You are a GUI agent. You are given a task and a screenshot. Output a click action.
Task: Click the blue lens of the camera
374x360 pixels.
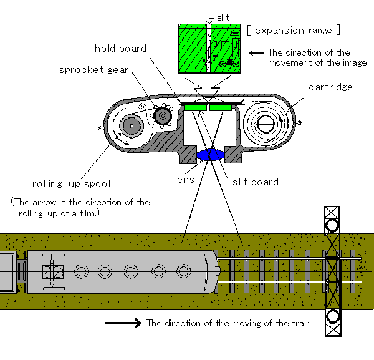211,155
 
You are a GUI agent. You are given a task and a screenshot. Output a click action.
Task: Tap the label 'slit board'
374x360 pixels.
256,182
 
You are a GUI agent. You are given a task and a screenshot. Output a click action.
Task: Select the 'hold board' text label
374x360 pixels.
120,49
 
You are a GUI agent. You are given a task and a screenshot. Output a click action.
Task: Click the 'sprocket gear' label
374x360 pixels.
93,70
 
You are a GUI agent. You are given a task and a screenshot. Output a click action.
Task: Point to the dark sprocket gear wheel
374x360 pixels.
163,116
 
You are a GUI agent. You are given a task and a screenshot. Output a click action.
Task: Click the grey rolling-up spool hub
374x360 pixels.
132,126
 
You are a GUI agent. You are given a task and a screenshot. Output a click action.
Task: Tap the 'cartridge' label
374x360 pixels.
330,87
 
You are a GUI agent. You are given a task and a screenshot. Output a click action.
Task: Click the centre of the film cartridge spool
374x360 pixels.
265,124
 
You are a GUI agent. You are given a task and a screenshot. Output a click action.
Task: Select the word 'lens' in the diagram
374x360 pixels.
185,180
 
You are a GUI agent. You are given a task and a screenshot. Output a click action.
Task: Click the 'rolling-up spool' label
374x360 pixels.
71,184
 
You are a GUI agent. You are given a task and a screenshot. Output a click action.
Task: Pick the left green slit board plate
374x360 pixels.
195,108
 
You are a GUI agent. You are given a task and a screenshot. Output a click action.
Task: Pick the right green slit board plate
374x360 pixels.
221,108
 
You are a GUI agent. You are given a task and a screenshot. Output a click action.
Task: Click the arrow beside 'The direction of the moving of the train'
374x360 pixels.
123,323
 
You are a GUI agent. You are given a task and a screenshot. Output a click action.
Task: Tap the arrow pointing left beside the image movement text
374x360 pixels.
257,53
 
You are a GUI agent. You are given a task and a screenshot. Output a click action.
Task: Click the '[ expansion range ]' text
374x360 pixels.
294,31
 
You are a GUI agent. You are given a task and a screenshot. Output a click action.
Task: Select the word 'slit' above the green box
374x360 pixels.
223,17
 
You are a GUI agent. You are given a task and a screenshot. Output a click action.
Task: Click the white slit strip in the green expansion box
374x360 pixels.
208,48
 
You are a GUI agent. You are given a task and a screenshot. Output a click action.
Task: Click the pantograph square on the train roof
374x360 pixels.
52,272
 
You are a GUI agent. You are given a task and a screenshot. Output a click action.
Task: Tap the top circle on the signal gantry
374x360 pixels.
332,226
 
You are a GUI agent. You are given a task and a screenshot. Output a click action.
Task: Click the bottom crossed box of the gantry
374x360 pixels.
333,329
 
